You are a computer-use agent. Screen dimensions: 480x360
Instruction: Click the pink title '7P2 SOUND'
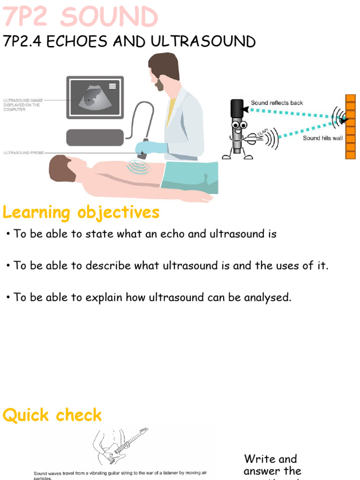pos(81,18)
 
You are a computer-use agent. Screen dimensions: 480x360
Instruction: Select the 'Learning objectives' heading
pos(81,213)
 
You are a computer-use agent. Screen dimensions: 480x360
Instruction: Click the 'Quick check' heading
pos(52,415)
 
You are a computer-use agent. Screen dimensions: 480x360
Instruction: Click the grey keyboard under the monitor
pos(95,137)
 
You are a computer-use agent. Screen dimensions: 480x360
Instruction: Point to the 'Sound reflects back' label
pos(277,103)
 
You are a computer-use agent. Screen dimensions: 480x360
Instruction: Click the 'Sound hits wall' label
pos(322,138)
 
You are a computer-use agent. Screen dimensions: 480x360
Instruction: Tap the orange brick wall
pos(350,126)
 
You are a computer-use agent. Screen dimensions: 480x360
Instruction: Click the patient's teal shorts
pos(190,177)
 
